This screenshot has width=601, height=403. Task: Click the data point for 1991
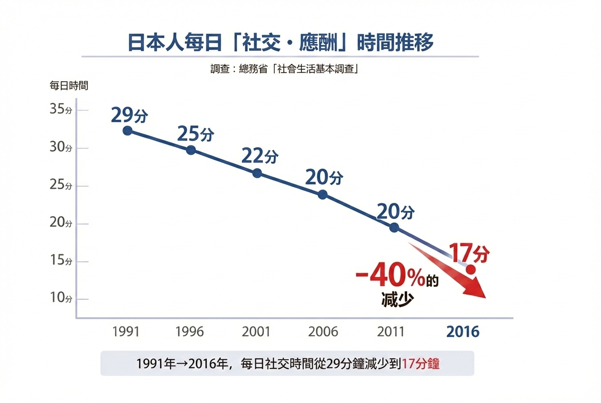(x=127, y=130)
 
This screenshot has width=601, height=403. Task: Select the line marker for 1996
(x=191, y=150)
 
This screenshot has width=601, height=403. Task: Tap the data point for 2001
(x=257, y=173)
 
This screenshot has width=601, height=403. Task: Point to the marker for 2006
(x=323, y=194)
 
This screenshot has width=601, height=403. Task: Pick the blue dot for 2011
(x=394, y=227)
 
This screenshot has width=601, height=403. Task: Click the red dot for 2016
(x=471, y=269)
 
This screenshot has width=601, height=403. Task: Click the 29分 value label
(x=129, y=115)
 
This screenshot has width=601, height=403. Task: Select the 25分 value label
(x=195, y=134)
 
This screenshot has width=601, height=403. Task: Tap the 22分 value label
(x=260, y=156)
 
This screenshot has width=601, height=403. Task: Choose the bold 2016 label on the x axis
(x=463, y=331)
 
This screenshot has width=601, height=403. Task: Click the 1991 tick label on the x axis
(x=126, y=331)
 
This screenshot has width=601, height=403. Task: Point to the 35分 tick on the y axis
(x=61, y=109)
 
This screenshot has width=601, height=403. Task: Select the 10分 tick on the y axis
(x=61, y=298)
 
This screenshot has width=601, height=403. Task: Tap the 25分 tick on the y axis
(x=61, y=185)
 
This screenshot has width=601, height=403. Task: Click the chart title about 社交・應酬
(x=281, y=43)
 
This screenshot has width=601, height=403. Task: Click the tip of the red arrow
(x=485, y=297)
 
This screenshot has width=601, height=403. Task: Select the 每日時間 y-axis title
(x=69, y=86)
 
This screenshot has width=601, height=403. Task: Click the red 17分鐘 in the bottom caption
(x=421, y=364)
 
